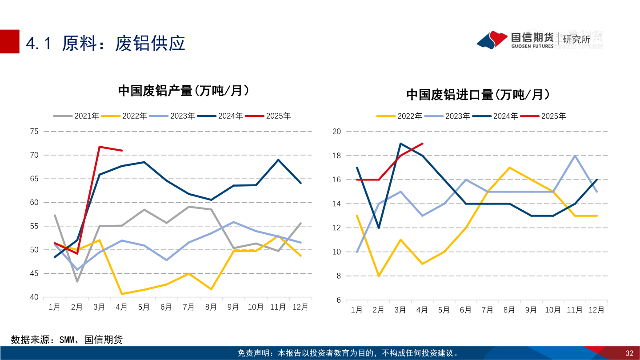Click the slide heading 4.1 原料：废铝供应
(x=106, y=43)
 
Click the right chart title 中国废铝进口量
(x=478, y=95)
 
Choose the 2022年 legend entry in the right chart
(x=400, y=116)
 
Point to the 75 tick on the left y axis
(x=34, y=132)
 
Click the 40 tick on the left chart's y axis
(x=34, y=297)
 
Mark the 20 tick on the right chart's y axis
(x=336, y=132)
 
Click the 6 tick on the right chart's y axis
(x=338, y=300)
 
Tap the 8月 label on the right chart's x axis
(x=509, y=310)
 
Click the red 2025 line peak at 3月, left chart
(x=100, y=147)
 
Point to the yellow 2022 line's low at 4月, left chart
(x=122, y=294)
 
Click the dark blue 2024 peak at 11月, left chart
(x=278, y=160)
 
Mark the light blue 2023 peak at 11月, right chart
(x=575, y=156)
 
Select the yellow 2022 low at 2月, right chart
(x=379, y=276)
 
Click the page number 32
(x=629, y=353)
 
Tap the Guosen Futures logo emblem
(x=492, y=40)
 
